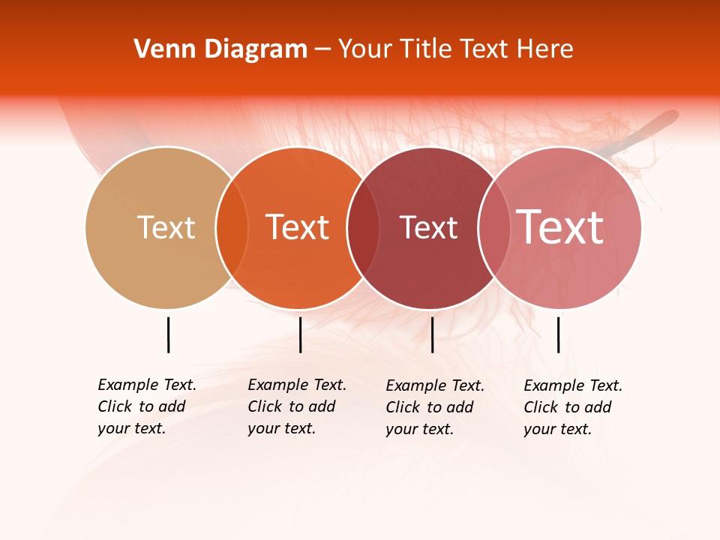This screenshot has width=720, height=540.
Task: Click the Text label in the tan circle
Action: coord(166,227)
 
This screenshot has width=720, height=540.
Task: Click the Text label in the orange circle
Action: coord(298,227)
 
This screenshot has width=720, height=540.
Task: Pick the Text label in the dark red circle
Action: coord(428,227)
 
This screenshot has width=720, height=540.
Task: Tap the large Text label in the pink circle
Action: coord(560,227)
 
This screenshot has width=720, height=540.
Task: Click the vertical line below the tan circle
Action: coord(168,334)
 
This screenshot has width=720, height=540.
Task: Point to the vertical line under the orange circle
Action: coord(300,334)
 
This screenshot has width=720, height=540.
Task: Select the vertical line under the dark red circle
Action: coord(432,334)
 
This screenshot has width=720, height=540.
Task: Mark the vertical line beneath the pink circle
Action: coord(558,334)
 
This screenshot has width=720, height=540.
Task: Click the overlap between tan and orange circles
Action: coord(232,227)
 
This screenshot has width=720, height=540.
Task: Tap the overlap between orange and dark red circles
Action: coord(363,227)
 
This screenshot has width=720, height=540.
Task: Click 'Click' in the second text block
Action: coord(265,406)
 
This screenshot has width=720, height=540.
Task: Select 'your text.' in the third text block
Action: coord(419,429)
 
